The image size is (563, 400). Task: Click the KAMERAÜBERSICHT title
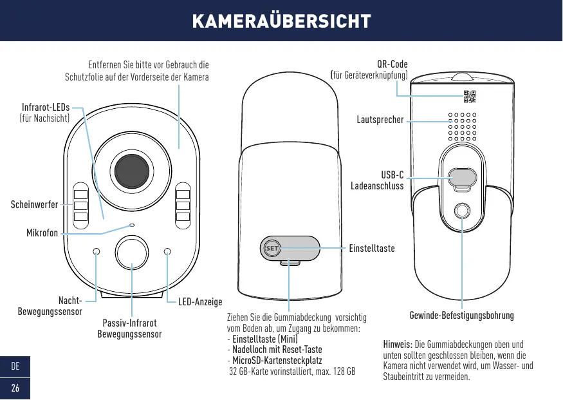[x=281, y=21]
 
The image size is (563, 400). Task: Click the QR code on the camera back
[x=470, y=97]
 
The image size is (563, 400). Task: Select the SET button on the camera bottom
[x=271, y=248]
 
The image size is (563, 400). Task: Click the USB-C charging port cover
[x=461, y=176]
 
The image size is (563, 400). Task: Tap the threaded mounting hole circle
[x=461, y=211]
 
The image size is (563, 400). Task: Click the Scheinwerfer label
[x=34, y=205]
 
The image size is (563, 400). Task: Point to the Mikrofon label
[x=42, y=233]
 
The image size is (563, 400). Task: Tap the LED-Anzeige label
[x=200, y=302]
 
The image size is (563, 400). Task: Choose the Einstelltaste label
[x=372, y=247]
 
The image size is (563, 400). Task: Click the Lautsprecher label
[x=380, y=120]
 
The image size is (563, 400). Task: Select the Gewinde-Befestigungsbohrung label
[x=461, y=316]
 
